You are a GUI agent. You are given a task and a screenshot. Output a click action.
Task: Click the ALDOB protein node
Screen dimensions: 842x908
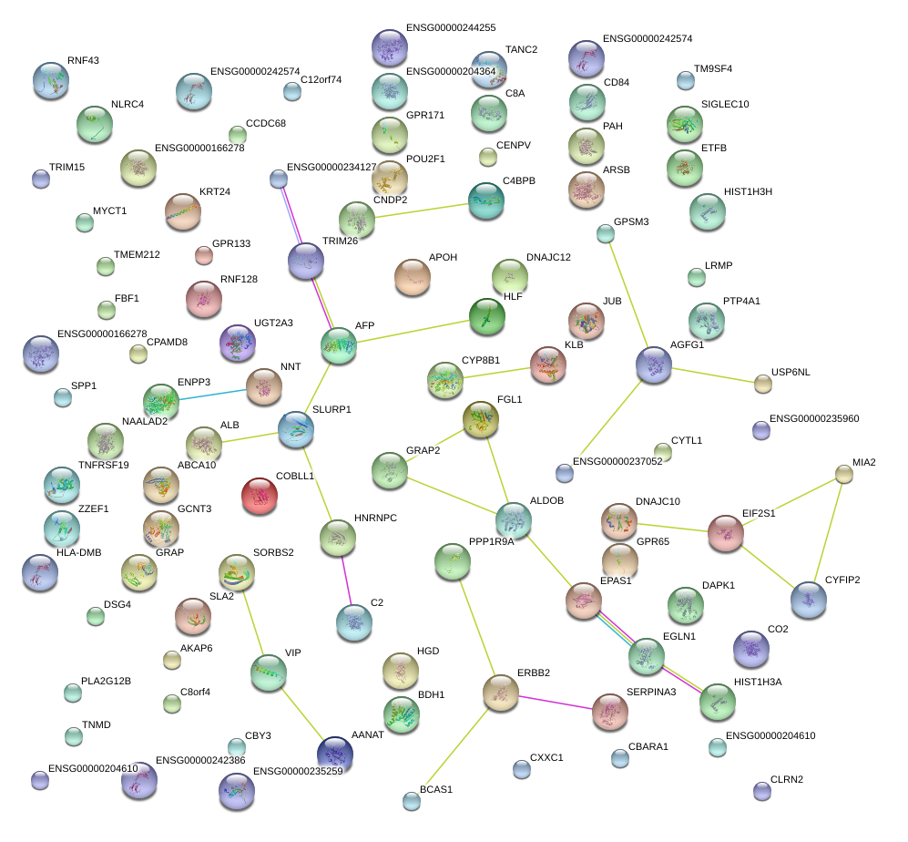tap(513, 519)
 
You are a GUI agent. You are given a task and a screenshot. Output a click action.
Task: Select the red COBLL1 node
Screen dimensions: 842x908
tap(260, 496)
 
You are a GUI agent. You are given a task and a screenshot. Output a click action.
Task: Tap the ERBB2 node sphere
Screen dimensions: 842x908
tap(500, 693)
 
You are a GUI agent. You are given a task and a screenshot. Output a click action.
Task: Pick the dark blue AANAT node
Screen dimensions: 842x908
tap(334, 754)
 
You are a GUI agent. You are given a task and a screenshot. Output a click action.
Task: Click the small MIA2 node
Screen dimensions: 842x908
tap(844, 474)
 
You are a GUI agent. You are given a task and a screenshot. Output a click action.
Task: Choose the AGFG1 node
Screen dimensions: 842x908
tap(653, 365)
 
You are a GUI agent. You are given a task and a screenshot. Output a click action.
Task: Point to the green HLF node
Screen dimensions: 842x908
tap(487, 316)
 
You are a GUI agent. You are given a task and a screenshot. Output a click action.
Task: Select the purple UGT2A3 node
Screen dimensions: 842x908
tap(238, 342)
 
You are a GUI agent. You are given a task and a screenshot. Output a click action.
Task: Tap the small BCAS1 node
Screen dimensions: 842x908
tap(412, 801)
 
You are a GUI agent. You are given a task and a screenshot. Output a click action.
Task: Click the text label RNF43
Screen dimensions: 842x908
tap(83, 61)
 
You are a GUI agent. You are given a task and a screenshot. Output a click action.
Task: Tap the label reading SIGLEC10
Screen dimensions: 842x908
tap(725, 104)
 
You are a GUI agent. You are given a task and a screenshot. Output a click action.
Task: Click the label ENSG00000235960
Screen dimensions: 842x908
tap(814, 419)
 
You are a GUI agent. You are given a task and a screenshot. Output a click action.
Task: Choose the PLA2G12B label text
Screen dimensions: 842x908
tap(106, 681)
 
